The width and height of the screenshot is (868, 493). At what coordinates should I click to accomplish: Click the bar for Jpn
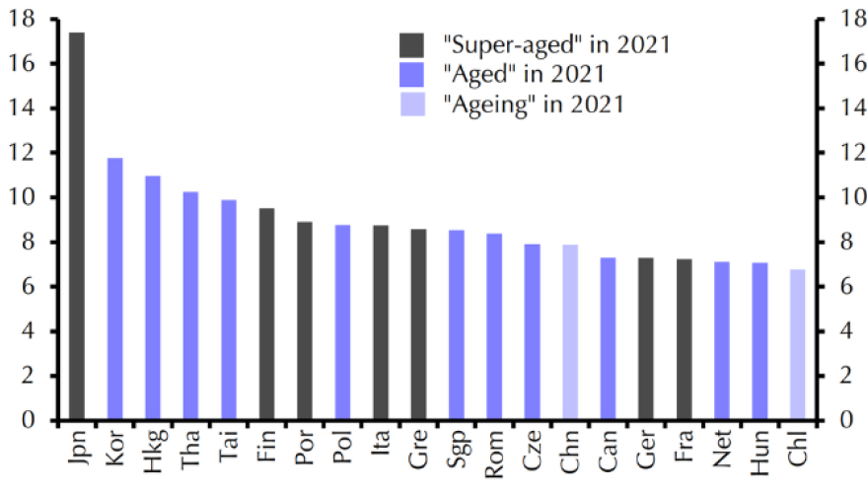(x=77, y=227)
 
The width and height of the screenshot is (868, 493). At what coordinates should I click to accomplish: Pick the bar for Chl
(x=797, y=345)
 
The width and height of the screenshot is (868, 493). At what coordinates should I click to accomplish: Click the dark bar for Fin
(x=266, y=315)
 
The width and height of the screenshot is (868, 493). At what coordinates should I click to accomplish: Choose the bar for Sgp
(x=457, y=325)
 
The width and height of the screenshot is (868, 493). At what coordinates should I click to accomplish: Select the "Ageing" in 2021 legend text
(x=534, y=104)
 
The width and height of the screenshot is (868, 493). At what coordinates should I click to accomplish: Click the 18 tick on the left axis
(x=27, y=19)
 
